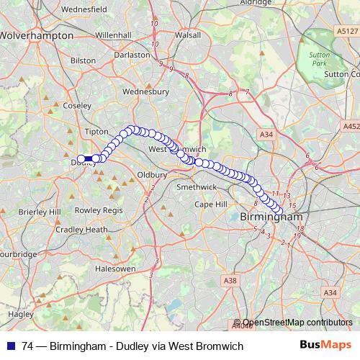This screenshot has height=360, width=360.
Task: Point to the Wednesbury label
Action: (x=145, y=91)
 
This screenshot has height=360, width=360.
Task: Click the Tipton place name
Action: (x=96, y=132)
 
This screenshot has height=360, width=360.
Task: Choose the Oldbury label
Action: (x=152, y=174)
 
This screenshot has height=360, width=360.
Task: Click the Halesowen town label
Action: (x=116, y=268)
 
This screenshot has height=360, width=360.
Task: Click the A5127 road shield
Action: (x=346, y=31)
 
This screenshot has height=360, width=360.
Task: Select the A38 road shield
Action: (x=230, y=279)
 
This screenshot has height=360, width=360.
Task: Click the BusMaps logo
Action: (x=325, y=346)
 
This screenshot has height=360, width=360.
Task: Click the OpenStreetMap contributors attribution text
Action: (x=298, y=323)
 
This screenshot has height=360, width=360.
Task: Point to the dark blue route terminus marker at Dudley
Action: (x=86, y=159)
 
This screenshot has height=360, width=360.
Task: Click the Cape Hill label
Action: (x=210, y=204)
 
